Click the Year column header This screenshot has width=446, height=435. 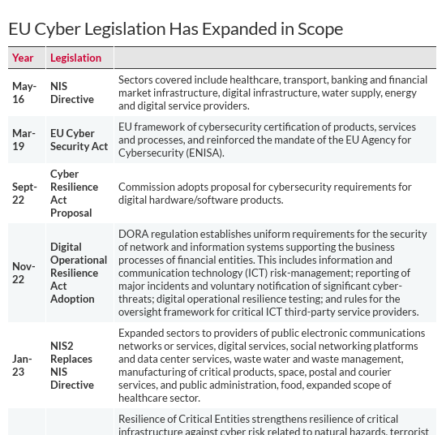(x=23, y=58)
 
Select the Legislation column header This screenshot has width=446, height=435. (x=75, y=58)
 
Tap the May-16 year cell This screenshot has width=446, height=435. (x=24, y=93)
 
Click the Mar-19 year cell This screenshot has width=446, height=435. (x=24, y=140)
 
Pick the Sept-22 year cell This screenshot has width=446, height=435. (x=24, y=193)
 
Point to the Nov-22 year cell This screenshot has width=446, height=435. (x=24, y=273)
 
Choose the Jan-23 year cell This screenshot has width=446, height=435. (x=23, y=365)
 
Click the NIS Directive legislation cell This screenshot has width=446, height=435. (x=72, y=93)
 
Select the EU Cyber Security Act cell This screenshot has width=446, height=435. (x=79, y=140)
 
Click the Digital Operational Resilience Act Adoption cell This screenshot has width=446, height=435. (x=79, y=273)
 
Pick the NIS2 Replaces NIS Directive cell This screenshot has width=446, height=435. (x=72, y=365)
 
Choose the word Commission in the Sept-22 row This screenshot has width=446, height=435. (x=147, y=187)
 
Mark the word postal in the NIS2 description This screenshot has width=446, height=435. (x=327, y=372)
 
